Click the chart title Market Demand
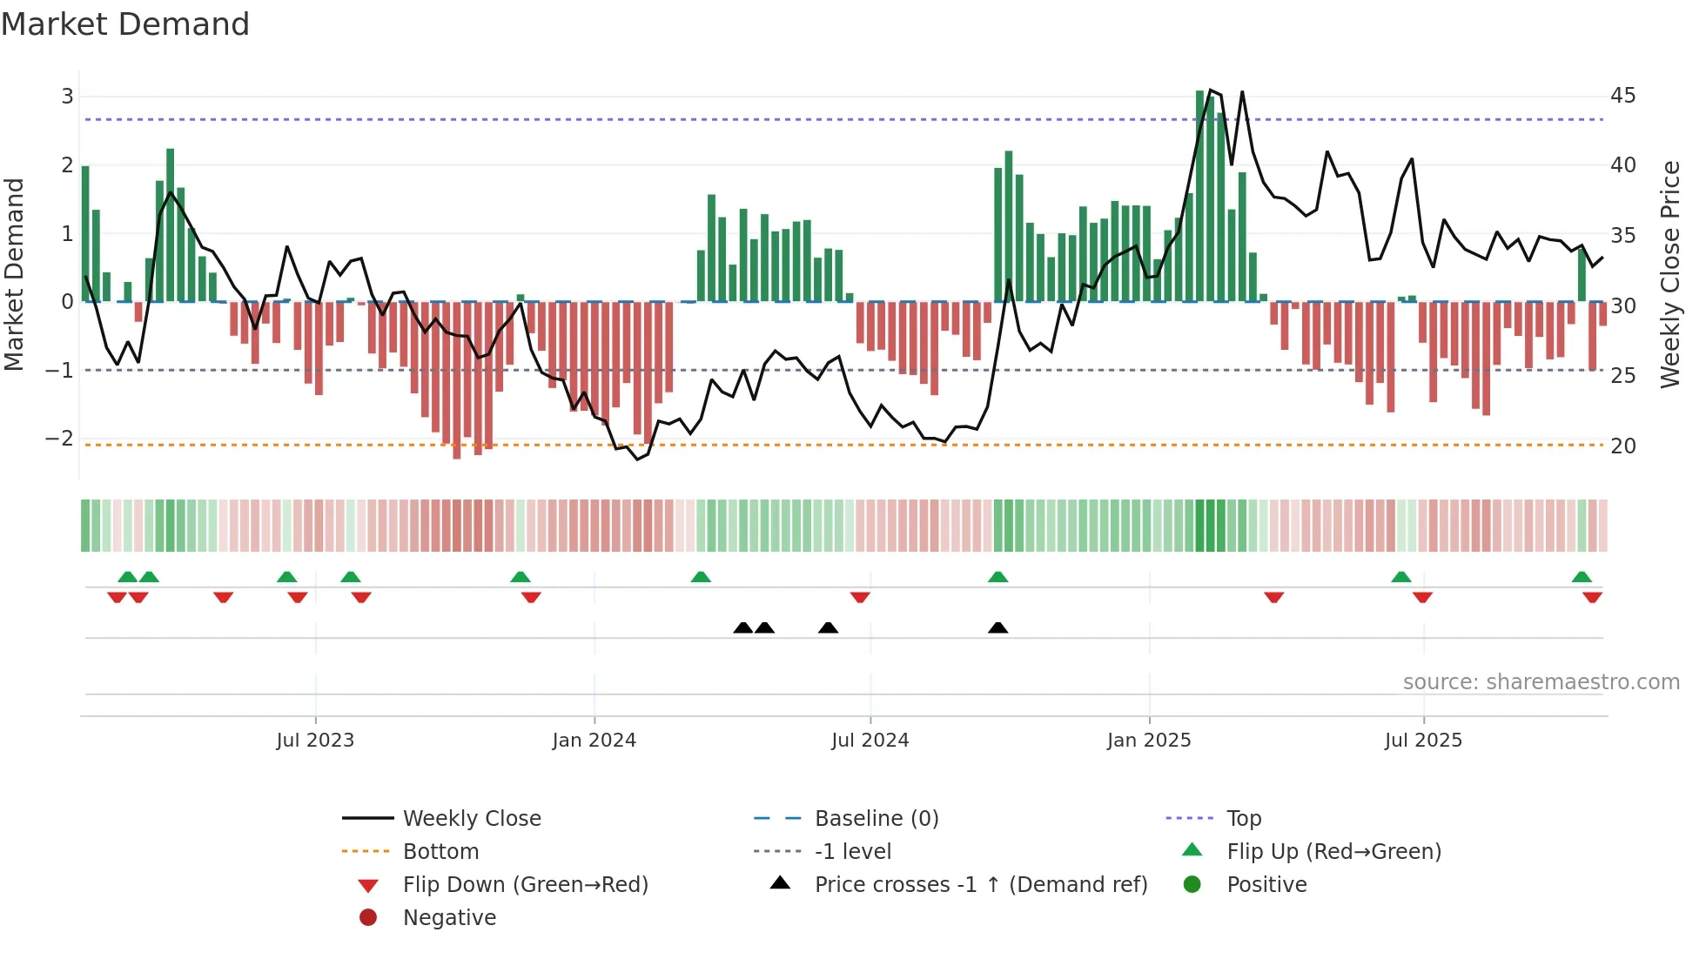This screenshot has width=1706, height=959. click(x=125, y=23)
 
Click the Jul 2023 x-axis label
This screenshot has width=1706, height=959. click(x=315, y=741)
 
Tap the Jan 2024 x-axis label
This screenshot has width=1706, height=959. click(x=594, y=741)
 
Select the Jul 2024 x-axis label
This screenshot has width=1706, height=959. click(x=870, y=741)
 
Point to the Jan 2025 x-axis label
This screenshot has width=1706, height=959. click(x=1149, y=741)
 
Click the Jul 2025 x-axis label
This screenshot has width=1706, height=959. click(x=1423, y=741)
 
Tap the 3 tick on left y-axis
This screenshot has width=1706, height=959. click(x=67, y=97)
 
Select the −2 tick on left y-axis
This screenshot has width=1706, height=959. click(x=59, y=439)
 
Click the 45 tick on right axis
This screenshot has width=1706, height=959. click(x=1622, y=96)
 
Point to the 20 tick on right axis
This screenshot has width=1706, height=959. click(x=1622, y=446)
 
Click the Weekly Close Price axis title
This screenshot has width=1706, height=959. click(x=1669, y=274)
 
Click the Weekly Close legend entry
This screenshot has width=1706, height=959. click(x=471, y=819)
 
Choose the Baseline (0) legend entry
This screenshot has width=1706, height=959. click(x=876, y=819)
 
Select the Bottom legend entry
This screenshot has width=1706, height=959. click(x=440, y=852)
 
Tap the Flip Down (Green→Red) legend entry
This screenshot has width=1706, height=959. click(x=525, y=885)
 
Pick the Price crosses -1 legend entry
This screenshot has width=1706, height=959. click(x=980, y=885)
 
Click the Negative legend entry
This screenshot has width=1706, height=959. click(x=449, y=918)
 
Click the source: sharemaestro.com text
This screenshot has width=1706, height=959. click(x=1541, y=682)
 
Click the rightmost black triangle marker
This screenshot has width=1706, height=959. click(x=998, y=628)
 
